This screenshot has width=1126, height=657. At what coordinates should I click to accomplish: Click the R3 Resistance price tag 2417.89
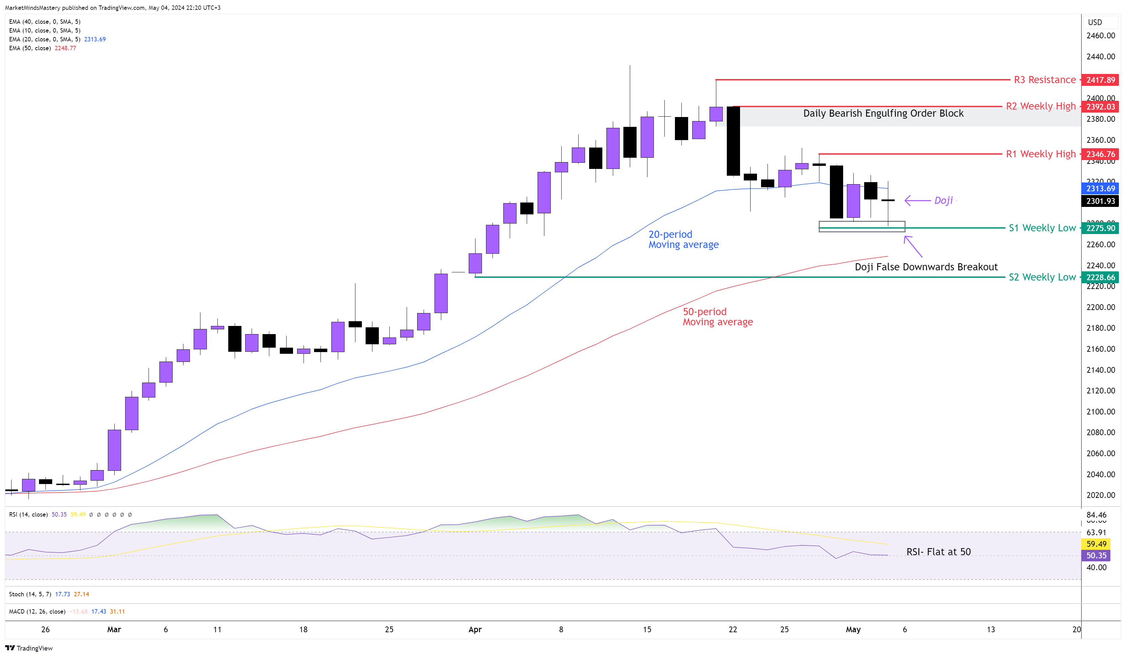pos(1100,80)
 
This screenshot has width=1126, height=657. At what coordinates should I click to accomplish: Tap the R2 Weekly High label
pos(1040,107)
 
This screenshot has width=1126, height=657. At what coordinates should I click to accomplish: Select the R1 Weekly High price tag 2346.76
pos(1100,154)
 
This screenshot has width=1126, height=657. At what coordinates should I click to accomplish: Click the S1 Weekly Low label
pos(1042,228)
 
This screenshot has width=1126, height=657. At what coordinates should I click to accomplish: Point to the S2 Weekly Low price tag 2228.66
pos(1100,277)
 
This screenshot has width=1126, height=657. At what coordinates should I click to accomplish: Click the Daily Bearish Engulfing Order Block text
pos(883,114)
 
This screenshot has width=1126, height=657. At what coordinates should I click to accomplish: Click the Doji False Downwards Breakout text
pos(926,267)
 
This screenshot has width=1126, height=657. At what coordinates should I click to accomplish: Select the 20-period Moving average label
pos(683,239)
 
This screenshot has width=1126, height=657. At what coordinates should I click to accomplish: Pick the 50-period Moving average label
pos(717,317)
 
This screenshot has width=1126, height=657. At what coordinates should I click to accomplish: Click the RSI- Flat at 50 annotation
pos(938,552)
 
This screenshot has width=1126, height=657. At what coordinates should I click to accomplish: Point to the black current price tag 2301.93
pos(1100,201)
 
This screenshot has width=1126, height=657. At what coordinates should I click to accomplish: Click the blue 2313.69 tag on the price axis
pos(1100,189)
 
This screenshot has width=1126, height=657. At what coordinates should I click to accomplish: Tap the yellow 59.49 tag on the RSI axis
pos(1096,544)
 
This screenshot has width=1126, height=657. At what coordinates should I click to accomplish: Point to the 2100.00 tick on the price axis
pos(1100,412)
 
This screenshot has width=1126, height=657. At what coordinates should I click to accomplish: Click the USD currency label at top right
pos(1095,22)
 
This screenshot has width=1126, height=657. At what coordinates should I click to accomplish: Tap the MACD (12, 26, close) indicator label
pos(37,612)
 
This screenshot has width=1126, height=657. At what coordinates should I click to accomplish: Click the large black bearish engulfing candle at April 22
pos(733,141)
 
